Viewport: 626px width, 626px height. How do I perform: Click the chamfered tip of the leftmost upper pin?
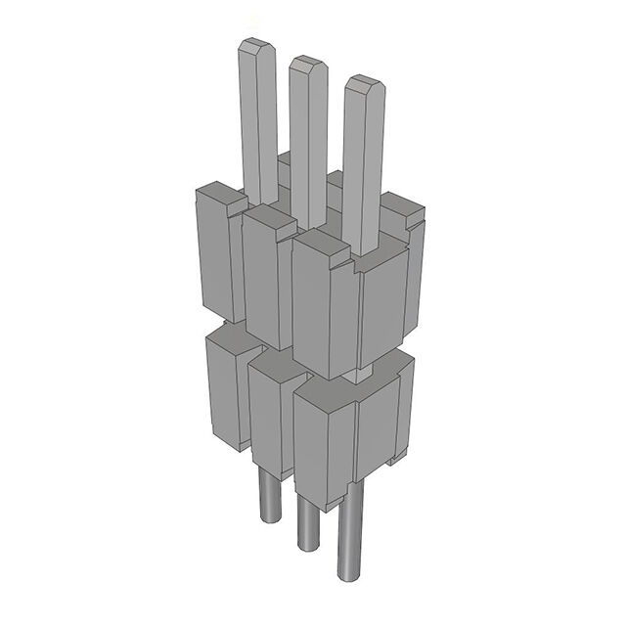[254, 46]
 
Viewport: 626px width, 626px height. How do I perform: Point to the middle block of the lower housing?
[266, 416]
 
